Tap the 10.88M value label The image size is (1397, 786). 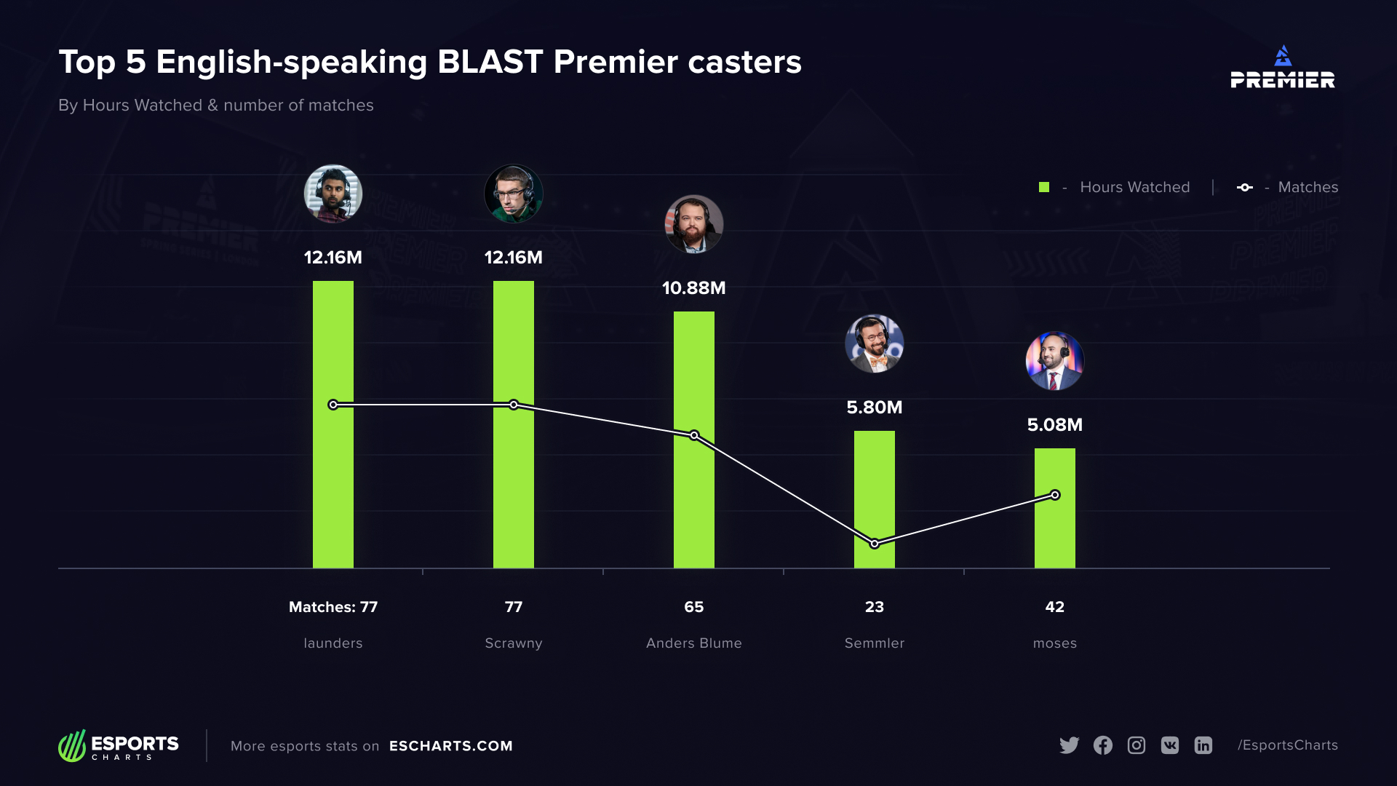pyautogui.click(x=693, y=288)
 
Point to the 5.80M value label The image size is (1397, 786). pyautogui.click(x=874, y=408)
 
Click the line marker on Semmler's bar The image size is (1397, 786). pyautogui.click(x=875, y=544)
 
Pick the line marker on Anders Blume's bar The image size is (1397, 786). pyautogui.click(x=694, y=435)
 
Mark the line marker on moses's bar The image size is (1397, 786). pyautogui.click(x=1055, y=495)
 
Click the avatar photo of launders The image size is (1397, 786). pyautogui.click(x=333, y=194)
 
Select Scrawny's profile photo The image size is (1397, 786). pyautogui.click(x=514, y=194)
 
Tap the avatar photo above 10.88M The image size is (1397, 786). pyautogui.click(x=694, y=224)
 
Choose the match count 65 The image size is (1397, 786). pyautogui.click(x=693, y=607)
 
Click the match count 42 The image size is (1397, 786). pyautogui.click(x=1054, y=607)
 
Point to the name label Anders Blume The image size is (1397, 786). pyautogui.click(x=693, y=643)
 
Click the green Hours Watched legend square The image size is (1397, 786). pyautogui.click(x=1044, y=187)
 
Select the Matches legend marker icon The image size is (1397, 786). pyautogui.click(x=1245, y=187)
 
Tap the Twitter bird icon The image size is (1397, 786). pyautogui.click(x=1069, y=745)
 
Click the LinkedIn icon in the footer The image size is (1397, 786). pyautogui.click(x=1203, y=745)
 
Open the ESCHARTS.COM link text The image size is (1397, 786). pyautogui.click(x=451, y=746)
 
